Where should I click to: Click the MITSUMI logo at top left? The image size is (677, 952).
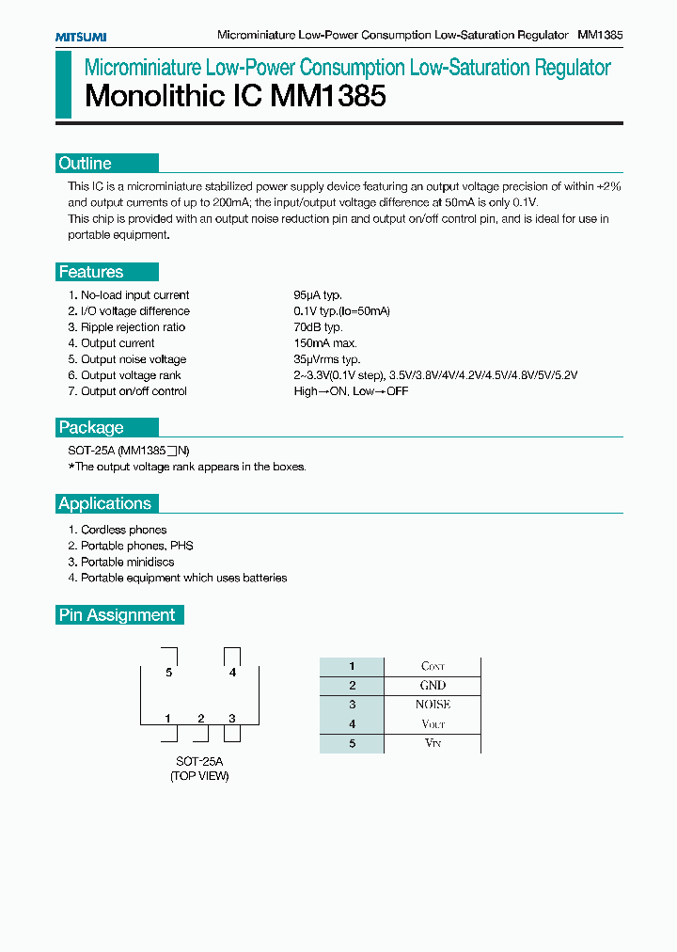[80, 36]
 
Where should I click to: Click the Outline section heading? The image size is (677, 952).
[86, 163]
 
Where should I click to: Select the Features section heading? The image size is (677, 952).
[91, 272]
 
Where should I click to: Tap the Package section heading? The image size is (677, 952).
[91, 427]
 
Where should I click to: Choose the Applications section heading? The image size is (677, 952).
[105, 503]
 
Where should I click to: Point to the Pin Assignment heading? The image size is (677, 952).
[118, 615]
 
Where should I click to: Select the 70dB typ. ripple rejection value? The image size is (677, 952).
[318, 327]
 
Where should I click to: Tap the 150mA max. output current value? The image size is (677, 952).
[325, 343]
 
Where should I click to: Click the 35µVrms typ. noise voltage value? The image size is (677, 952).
[327, 359]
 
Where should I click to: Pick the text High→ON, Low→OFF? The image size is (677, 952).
[351, 391]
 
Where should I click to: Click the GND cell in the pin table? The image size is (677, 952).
[433, 686]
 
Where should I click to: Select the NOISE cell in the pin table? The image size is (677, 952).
[433, 705]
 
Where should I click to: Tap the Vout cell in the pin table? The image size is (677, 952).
[433, 724]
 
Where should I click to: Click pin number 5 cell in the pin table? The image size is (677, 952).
[352, 743]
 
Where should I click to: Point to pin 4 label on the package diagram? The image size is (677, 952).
[232, 673]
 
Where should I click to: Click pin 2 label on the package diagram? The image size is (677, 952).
[201, 719]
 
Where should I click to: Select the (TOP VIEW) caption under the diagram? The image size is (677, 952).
[199, 776]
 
